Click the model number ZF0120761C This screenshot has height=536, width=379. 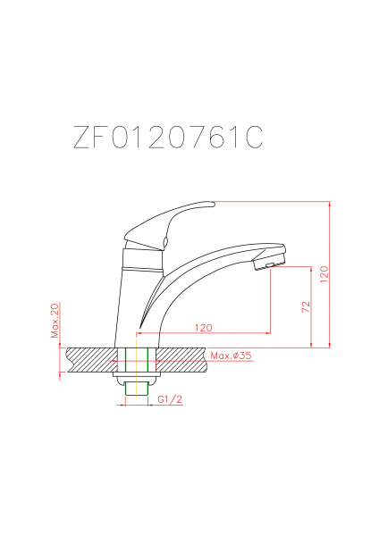click(168, 137)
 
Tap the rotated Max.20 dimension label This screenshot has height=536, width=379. click(55, 321)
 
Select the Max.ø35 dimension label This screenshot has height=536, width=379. click(231, 356)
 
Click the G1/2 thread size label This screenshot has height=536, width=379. click(170, 399)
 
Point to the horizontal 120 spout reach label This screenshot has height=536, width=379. click(204, 328)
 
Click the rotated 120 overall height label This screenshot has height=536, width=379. click(324, 274)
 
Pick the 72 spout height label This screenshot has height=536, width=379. click(306, 306)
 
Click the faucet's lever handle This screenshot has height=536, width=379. click(169, 224)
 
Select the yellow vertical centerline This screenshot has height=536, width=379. click(137, 368)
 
